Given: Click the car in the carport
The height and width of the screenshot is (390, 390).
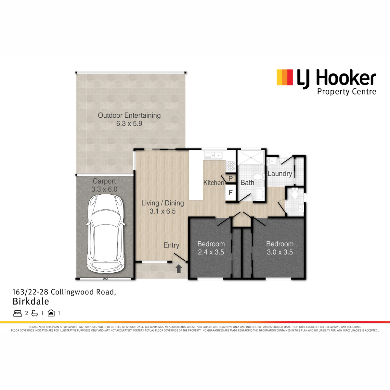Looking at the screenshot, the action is point(106,234).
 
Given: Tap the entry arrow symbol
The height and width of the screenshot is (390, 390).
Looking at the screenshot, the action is point(178,269).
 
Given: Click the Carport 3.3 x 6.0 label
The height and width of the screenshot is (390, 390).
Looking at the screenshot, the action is point(104,185).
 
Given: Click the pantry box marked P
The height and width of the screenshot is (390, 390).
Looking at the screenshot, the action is point(230,179).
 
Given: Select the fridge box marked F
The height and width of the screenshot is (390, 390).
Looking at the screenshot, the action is point(230,192).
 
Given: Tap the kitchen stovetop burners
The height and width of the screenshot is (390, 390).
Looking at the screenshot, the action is point(230,166).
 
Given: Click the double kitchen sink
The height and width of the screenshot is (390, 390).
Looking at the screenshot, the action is point(213,155).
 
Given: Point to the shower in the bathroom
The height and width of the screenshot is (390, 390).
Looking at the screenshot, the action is point(251,157).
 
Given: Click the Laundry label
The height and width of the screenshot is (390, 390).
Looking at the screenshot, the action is point(280,174).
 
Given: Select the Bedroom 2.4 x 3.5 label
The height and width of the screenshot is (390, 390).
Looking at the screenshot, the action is point(211,248).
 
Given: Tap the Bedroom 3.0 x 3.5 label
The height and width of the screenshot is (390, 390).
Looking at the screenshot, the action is point(280,248).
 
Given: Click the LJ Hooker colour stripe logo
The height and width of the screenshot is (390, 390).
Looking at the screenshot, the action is point(285,77).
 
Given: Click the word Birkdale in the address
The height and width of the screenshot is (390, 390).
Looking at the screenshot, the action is point(31,301).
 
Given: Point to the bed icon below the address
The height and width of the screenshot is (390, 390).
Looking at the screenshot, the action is point(18,313).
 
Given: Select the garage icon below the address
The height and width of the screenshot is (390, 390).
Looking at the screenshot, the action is point(51,313).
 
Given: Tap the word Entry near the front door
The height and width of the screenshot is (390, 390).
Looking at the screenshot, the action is point(171,245).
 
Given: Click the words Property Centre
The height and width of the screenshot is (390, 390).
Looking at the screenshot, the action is point(346,92).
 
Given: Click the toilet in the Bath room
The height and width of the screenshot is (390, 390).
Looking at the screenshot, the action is point(259,177).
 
